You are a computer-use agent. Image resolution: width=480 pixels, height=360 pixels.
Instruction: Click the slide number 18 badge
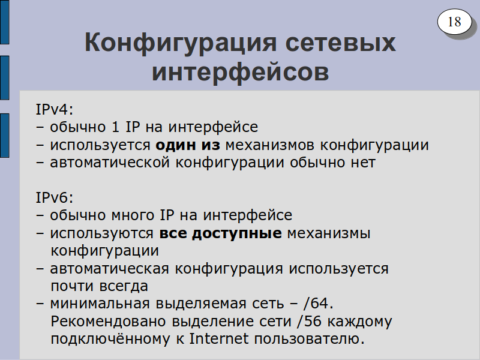coord(454,22)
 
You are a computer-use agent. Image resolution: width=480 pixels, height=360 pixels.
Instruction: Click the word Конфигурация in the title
coord(181,43)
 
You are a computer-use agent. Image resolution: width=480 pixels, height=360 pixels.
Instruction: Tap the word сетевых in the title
coord(340,43)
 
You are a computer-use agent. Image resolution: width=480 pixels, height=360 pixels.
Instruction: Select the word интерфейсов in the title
coord(241,72)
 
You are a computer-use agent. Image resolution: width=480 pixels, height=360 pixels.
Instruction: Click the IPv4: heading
coord(55,109)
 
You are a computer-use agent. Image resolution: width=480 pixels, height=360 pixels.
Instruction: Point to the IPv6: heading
coord(55,197)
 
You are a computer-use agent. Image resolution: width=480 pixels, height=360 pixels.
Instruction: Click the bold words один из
coord(188,145)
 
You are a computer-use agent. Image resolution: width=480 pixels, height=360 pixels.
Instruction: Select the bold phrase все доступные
coord(220,233)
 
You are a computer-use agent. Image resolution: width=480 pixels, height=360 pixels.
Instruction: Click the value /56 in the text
coord(309,321)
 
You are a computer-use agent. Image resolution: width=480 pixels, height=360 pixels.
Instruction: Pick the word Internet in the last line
coord(218,338)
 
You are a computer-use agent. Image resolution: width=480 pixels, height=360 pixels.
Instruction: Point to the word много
coord(133,215)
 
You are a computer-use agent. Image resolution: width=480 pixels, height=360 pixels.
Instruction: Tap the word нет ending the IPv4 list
coord(363,163)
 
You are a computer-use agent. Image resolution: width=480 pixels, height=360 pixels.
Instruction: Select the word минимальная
coord(100,304)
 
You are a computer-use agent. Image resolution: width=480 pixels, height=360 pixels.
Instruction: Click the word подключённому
coord(110,339)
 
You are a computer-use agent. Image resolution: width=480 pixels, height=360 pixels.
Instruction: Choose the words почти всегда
coord(99,287)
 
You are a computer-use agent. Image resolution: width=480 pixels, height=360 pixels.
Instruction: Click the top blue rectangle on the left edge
coord(5,22)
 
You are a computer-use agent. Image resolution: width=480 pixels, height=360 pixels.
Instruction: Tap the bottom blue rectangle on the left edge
coord(5,136)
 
